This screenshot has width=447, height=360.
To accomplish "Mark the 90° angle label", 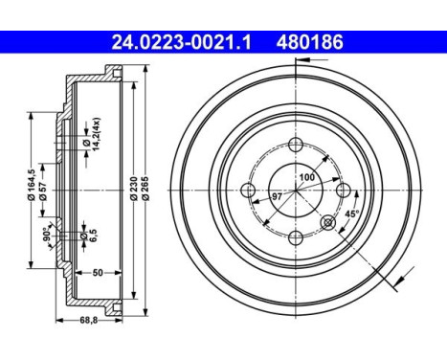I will click(x=46, y=232).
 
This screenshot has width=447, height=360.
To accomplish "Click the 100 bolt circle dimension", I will click(x=305, y=179).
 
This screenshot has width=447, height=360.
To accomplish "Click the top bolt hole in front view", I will click(x=294, y=146).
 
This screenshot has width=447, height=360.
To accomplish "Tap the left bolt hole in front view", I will click(x=249, y=191).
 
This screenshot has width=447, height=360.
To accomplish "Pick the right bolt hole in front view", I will click(x=339, y=191).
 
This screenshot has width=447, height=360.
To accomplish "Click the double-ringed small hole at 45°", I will click(x=328, y=223).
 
